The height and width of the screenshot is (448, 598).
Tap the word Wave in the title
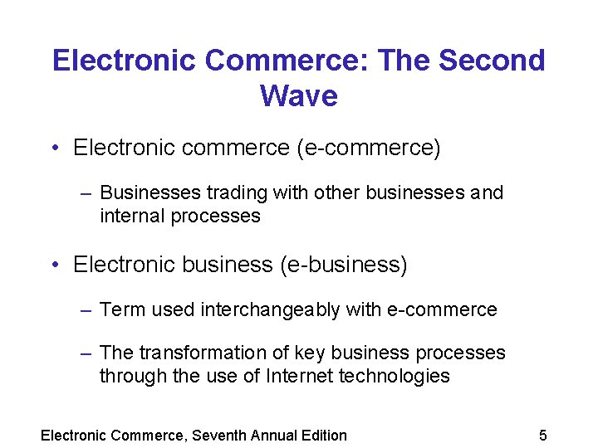tap(298, 96)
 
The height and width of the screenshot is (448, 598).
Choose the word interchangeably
tap(270, 310)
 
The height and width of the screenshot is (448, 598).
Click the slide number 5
tap(543, 436)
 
